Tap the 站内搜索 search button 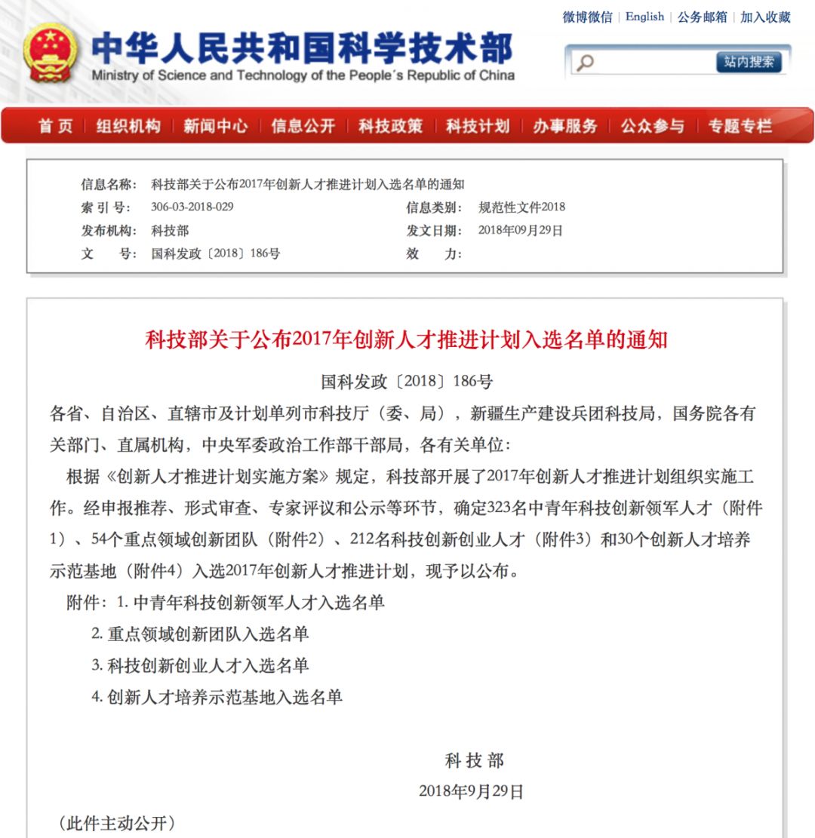pyautogui.click(x=749, y=62)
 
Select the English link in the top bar pyautogui.click(x=644, y=17)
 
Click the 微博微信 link pyautogui.click(x=587, y=17)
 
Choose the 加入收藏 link pyautogui.click(x=765, y=17)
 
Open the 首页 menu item pyautogui.click(x=56, y=126)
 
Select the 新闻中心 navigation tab pyautogui.click(x=215, y=126)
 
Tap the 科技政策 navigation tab pyautogui.click(x=390, y=126)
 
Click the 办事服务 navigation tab pyautogui.click(x=564, y=126)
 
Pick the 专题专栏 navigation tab pyautogui.click(x=740, y=126)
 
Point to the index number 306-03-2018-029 pyautogui.click(x=192, y=207)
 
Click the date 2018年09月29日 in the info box pyautogui.click(x=520, y=231)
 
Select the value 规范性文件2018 pyautogui.click(x=521, y=207)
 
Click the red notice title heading pyautogui.click(x=406, y=340)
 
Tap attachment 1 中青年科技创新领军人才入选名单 pyautogui.click(x=258, y=603)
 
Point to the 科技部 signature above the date pyautogui.click(x=474, y=761)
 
